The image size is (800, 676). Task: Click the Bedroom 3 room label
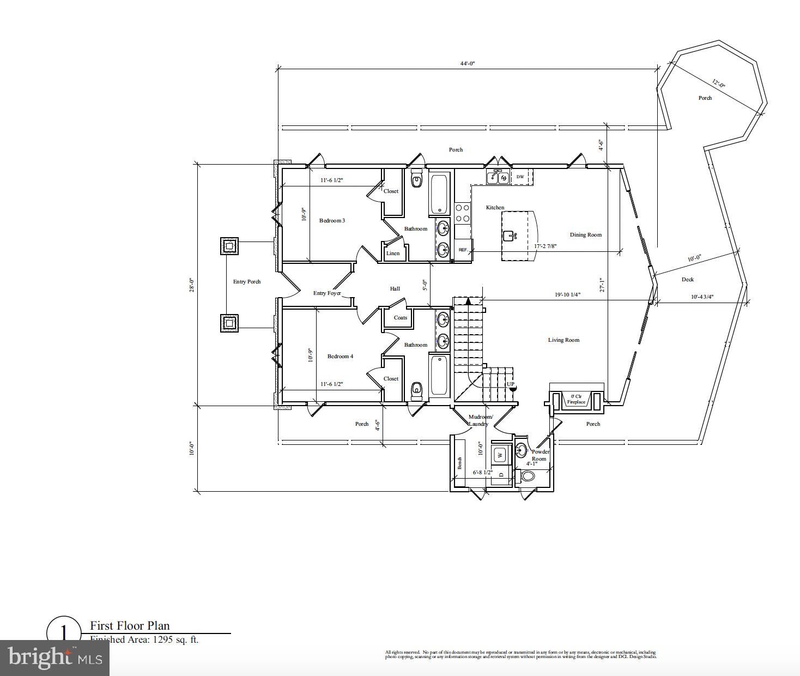332,221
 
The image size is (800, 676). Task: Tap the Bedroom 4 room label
340,357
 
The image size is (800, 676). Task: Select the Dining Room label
586,235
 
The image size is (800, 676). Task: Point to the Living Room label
563,340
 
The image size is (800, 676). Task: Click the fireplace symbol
576,400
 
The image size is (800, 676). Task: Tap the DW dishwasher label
520,177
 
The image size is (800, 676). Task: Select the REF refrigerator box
463,250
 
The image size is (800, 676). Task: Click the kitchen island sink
510,236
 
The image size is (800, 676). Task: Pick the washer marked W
500,455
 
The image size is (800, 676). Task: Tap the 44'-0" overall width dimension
468,64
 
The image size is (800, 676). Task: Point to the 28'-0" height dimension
192,285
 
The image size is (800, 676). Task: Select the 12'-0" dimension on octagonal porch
719,84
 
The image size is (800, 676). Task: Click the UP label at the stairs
511,384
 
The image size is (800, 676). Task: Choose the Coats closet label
401,318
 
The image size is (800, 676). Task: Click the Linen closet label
393,253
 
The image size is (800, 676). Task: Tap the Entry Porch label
247,282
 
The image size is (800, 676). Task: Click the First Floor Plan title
130,626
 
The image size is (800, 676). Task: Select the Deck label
688,280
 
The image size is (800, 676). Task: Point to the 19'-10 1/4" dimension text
567,295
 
